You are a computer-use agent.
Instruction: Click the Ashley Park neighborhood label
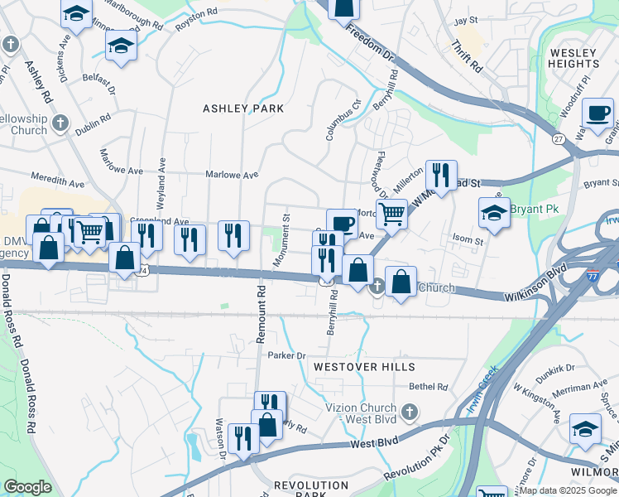[x=243, y=109]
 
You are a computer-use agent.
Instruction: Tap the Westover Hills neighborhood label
[x=362, y=366]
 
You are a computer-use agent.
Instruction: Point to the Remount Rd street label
[x=260, y=315]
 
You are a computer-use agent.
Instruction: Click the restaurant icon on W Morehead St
[x=440, y=175]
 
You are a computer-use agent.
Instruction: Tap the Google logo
[x=27, y=487]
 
